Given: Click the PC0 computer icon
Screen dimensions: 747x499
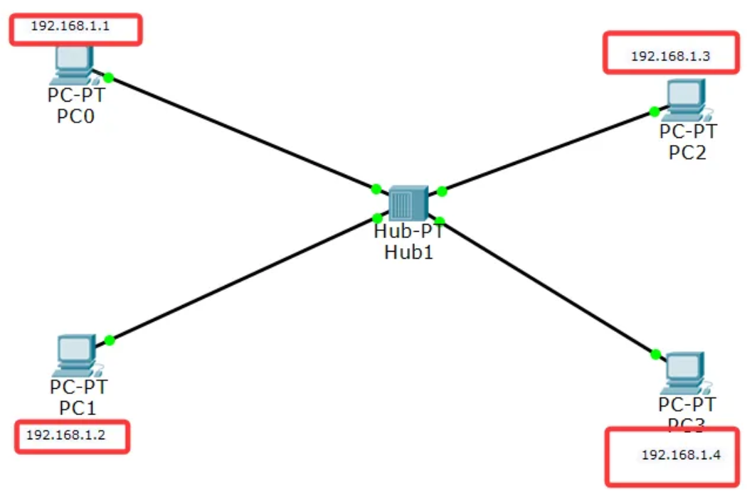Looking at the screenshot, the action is [x=73, y=65].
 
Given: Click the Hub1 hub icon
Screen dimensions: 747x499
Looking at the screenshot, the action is [x=408, y=203].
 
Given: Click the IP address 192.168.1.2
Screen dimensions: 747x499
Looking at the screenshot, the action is [x=65, y=434].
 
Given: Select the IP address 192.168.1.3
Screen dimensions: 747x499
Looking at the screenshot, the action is [x=670, y=55].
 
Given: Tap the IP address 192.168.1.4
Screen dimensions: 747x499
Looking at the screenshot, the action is [x=681, y=455].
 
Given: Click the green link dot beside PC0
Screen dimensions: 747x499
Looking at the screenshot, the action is [x=108, y=77].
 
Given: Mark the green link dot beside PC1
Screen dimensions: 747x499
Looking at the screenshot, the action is [x=110, y=340].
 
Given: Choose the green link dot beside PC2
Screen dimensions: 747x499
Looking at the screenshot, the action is [x=654, y=112].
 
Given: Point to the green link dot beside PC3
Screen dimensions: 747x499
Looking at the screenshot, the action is [x=655, y=354].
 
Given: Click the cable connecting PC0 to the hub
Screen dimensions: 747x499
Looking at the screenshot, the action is [x=242, y=133].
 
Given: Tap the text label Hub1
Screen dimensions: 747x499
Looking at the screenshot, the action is [x=408, y=251].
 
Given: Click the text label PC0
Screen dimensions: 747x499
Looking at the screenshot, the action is [x=75, y=116].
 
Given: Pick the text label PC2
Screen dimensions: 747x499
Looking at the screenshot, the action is [x=687, y=152].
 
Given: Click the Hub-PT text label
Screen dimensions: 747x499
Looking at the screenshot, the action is [x=408, y=231].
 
